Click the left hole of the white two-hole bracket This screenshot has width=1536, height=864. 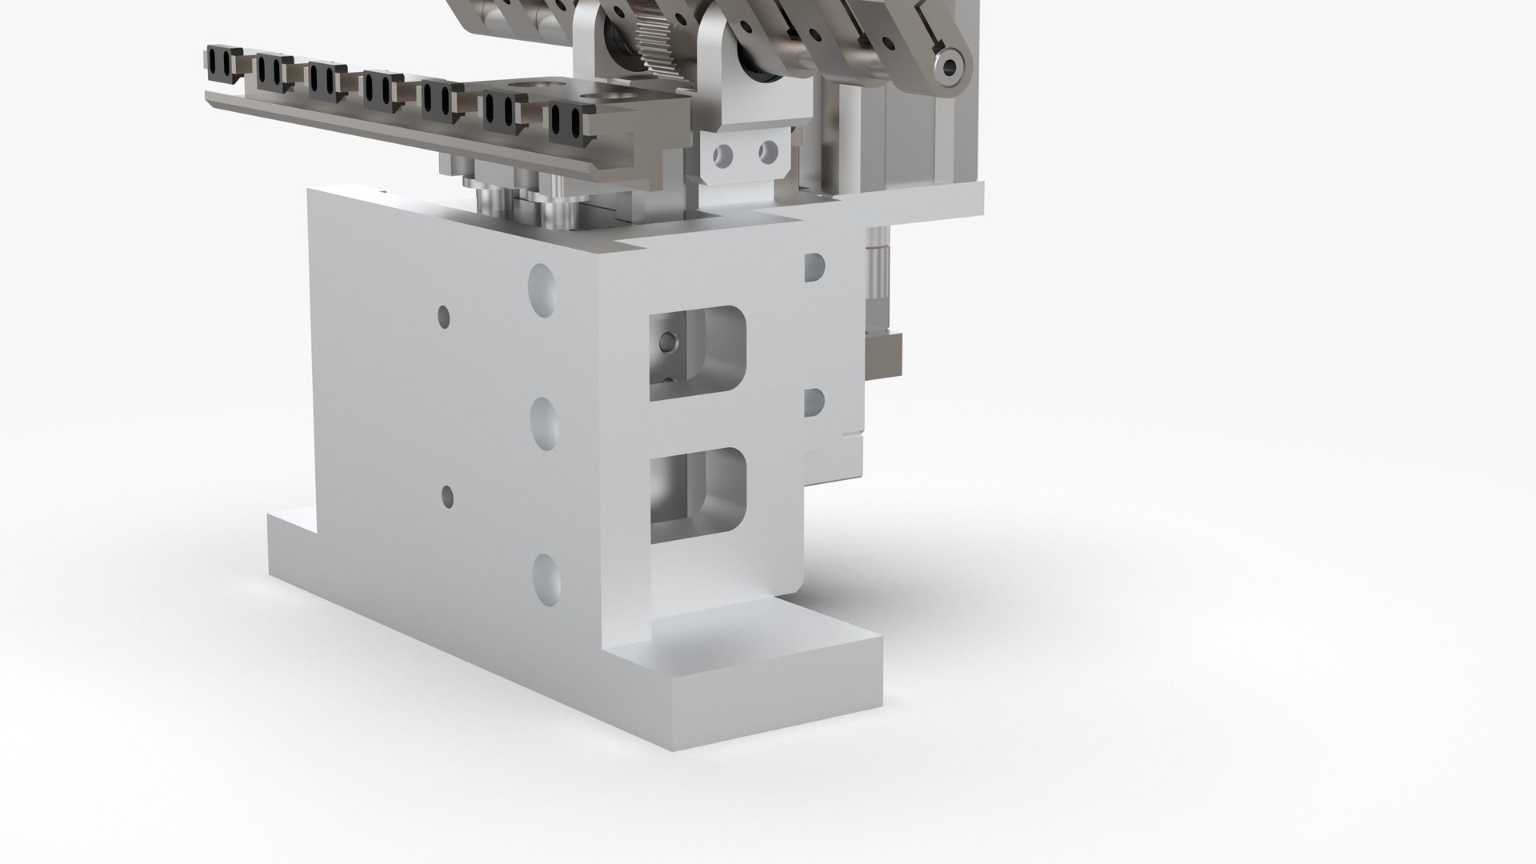725,152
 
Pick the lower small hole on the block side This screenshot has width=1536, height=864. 447,497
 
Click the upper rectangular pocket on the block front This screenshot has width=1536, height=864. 698,352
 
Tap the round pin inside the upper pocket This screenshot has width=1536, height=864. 664,343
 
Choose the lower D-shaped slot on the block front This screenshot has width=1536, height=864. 814,402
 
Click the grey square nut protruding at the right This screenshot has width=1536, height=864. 886,354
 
